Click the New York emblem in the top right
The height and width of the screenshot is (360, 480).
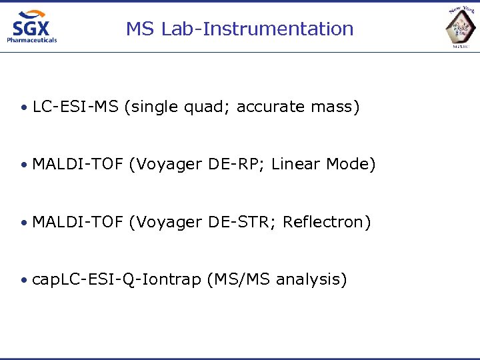click(x=462, y=27)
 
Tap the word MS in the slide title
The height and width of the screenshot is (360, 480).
click(x=139, y=29)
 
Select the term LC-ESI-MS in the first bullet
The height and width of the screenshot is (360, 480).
click(x=75, y=107)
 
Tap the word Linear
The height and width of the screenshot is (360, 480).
click(x=297, y=164)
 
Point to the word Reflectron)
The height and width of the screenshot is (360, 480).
click(x=327, y=221)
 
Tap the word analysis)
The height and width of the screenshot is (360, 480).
click(x=311, y=279)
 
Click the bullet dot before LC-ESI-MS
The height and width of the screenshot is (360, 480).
click(x=23, y=107)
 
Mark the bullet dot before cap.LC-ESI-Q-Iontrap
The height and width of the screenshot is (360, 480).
click(x=23, y=280)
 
